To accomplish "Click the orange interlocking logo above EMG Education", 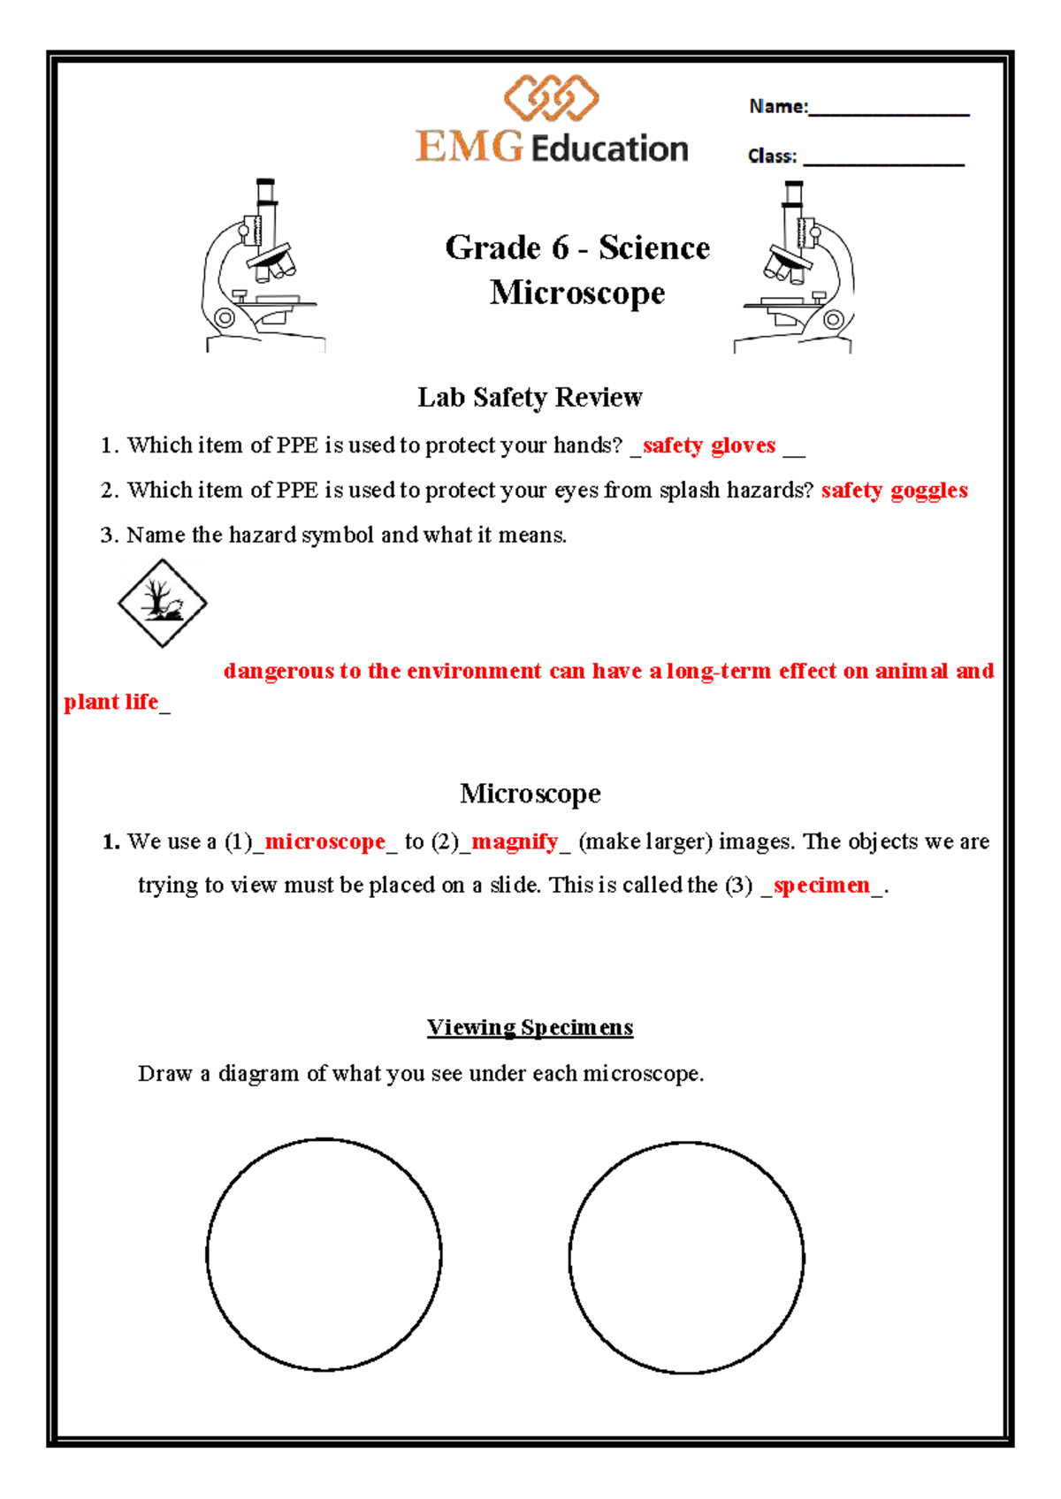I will [552, 98].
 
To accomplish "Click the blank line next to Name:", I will [888, 112].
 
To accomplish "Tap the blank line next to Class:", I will [883, 162].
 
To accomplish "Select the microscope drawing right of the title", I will [796, 267].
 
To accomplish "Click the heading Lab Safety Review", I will [530, 397].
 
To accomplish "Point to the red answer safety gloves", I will [709, 445].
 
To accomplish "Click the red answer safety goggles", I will [894, 491].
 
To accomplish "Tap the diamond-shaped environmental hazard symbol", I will [163, 603].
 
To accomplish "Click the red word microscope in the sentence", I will [325, 841].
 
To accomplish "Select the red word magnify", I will [515, 841].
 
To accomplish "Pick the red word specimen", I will [821, 885].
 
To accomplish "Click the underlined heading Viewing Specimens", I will [530, 1027].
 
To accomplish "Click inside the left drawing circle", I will [324, 1254].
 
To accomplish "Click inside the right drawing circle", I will [686, 1258].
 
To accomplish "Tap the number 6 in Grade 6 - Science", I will [560, 248].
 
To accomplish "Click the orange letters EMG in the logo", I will [469, 147].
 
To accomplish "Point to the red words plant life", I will [111, 702].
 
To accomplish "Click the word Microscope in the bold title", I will [577, 293].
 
